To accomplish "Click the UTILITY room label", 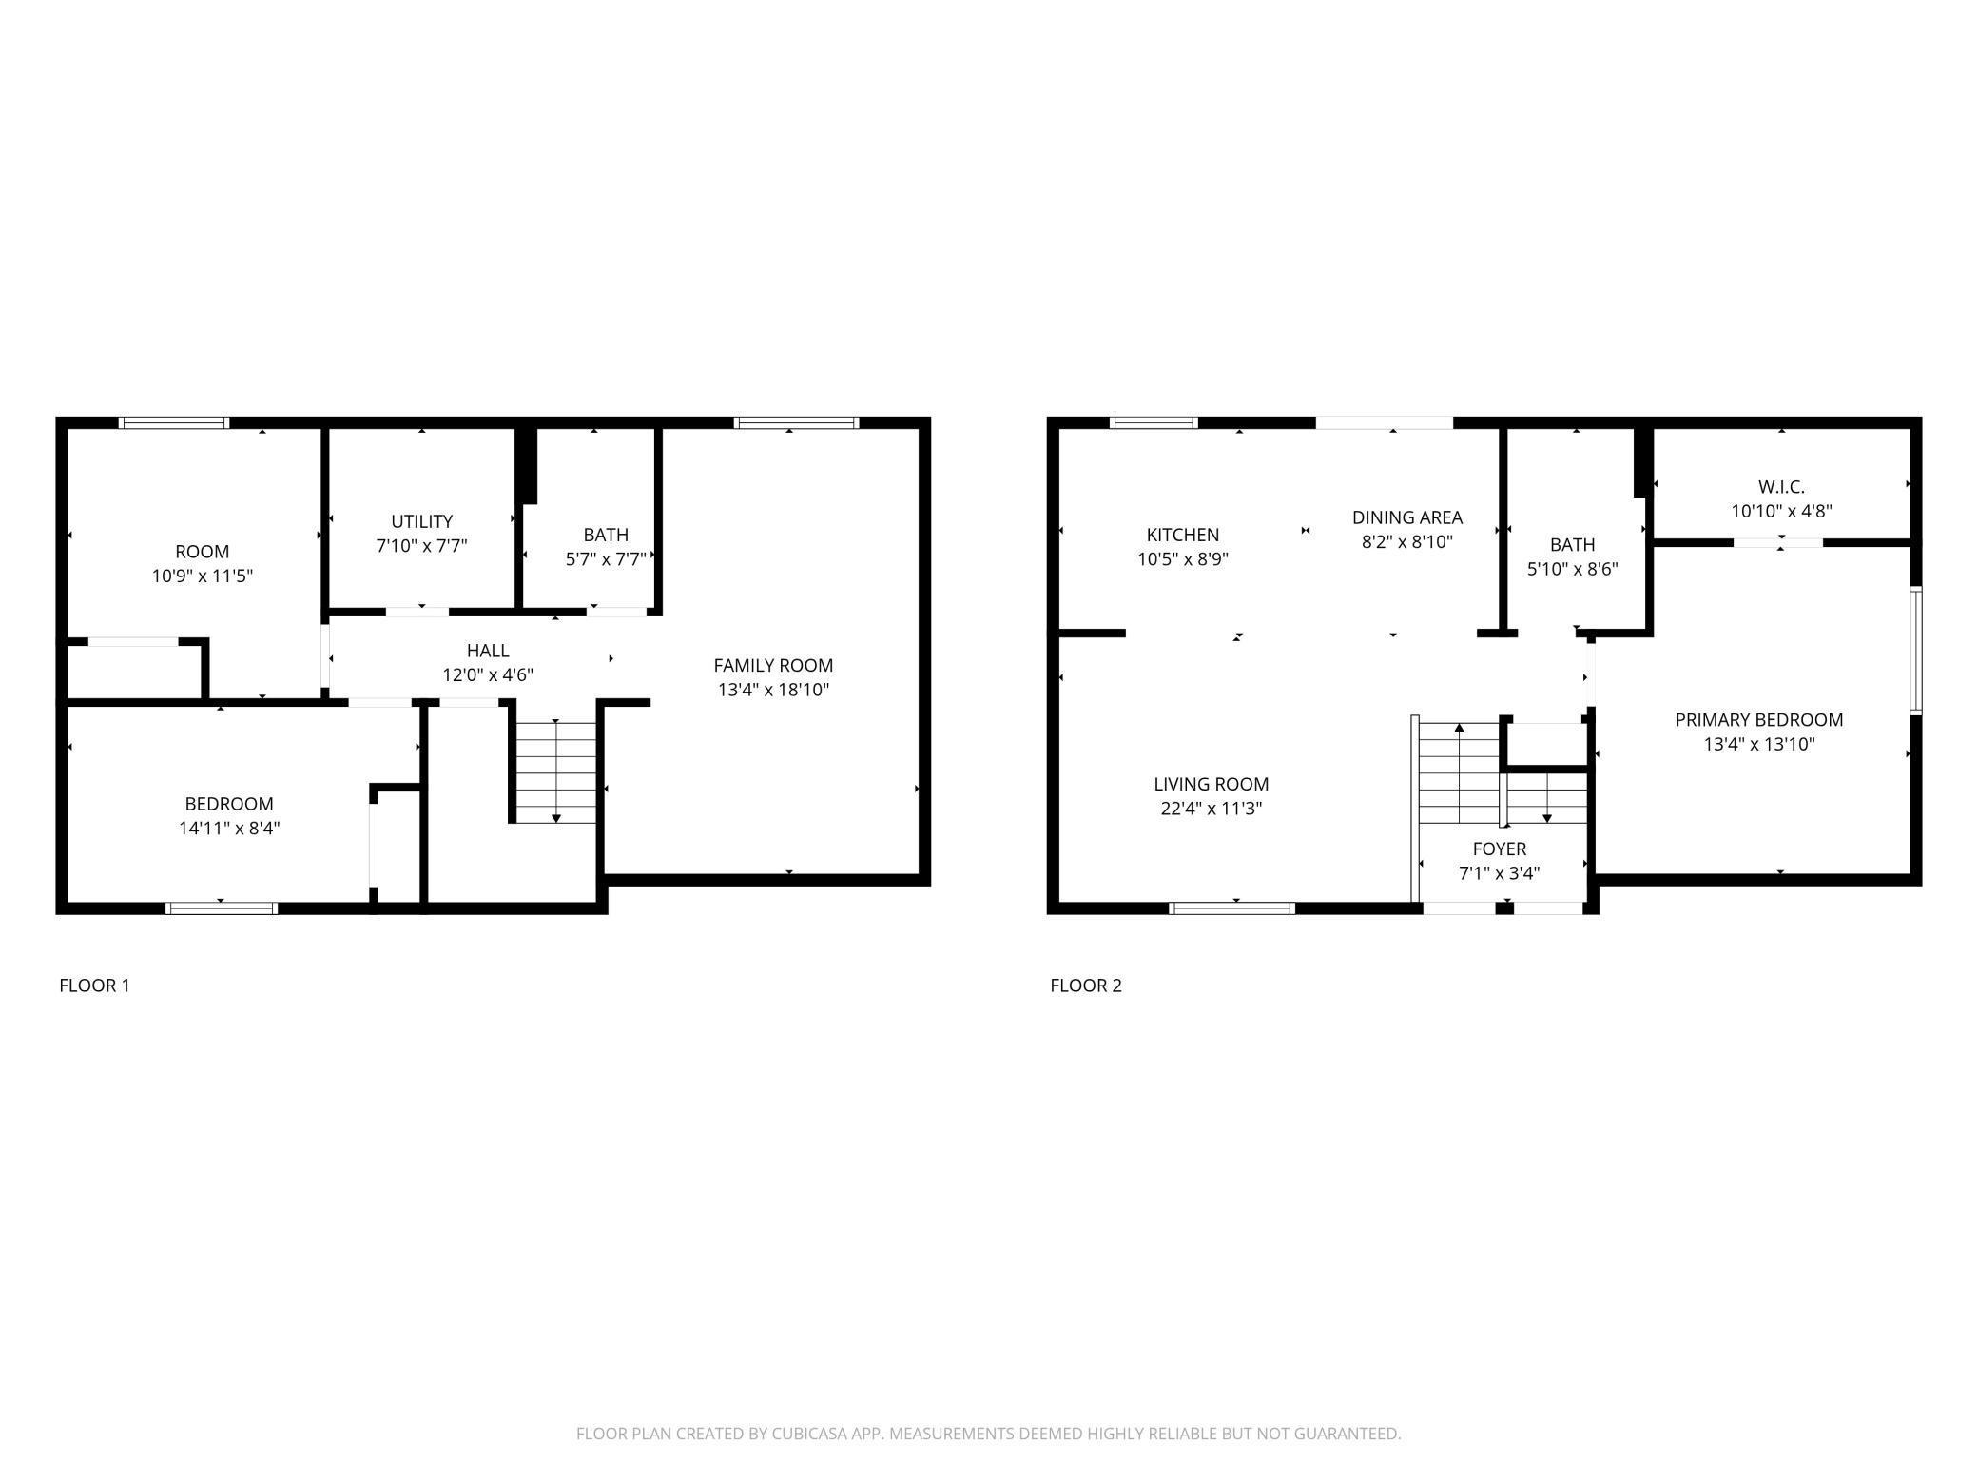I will (x=421, y=521).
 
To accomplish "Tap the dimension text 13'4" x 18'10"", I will (x=773, y=690).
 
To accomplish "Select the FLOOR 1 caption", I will (x=94, y=986).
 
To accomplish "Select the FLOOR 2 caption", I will (x=1085, y=986).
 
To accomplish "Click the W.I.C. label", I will (x=1780, y=487).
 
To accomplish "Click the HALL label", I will (x=487, y=651).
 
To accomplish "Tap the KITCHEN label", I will (x=1182, y=535).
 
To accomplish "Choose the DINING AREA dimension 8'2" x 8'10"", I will (x=1406, y=542).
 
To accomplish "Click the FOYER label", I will (x=1499, y=849).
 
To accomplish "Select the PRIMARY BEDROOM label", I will (x=1758, y=720).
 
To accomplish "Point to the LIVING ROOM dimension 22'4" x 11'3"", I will (x=1211, y=809).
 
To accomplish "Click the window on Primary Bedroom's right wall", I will (x=1915, y=651).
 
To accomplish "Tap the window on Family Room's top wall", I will (x=796, y=423).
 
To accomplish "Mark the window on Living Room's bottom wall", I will (x=1231, y=908).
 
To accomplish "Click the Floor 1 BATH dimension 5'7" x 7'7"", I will (x=605, y=559).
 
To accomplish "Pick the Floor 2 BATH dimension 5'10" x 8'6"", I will (x=1572, y=570).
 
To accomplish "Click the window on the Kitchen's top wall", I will (x=1153, y=423).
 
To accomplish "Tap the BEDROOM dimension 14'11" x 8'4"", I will (x=228, y=828).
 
